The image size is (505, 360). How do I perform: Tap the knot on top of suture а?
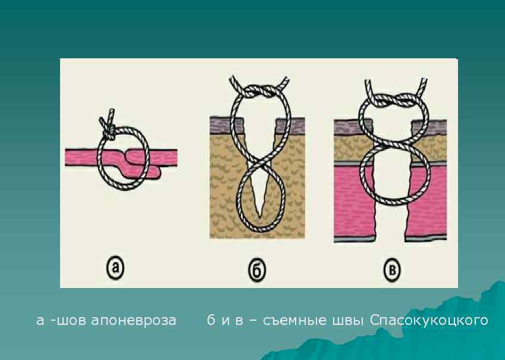109,126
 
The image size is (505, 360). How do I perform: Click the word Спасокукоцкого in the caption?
429,321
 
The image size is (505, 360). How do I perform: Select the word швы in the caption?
349,321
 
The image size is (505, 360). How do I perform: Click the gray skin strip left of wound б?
227,124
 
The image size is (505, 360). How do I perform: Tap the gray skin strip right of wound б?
291,124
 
